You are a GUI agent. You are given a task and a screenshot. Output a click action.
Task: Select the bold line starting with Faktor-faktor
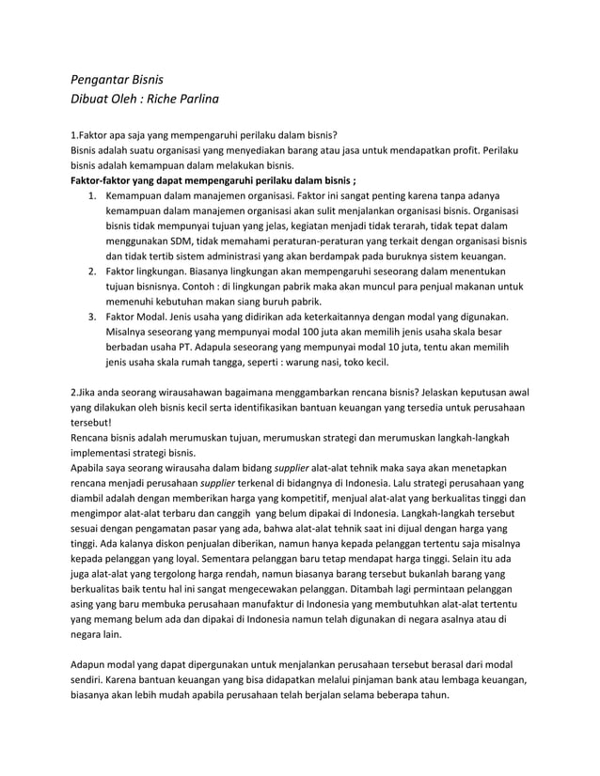[213, 178]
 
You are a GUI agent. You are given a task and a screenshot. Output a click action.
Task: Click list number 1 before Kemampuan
[92, 194]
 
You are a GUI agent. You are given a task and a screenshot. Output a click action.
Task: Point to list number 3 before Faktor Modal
[92, 318]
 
